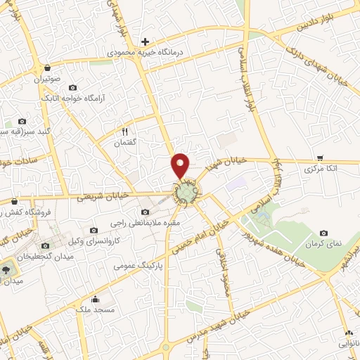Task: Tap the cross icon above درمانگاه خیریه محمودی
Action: (145, 41)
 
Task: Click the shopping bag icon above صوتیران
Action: (47, 67)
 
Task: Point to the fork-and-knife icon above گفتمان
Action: (125, 131)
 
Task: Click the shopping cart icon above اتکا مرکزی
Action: (321, 158)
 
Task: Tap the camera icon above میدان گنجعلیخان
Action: (46, 245)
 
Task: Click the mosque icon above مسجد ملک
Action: (96, 300)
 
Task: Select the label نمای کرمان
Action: (323, 243)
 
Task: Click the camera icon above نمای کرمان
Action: (323, 233)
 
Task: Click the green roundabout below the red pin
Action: (186, 192)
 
